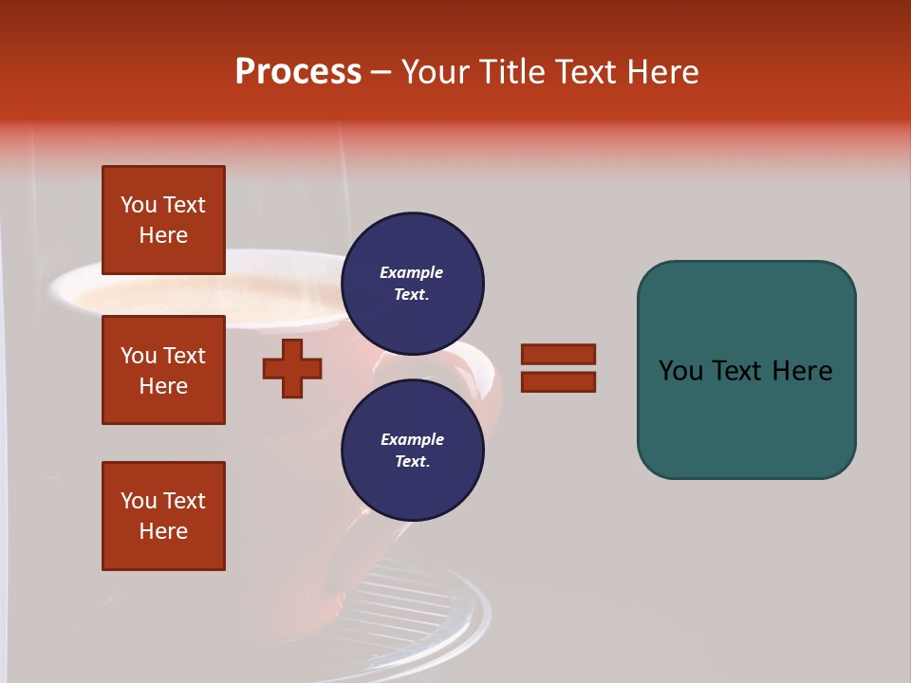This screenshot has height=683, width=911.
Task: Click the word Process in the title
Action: pos(298,72)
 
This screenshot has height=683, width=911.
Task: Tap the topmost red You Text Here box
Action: pos(163,220)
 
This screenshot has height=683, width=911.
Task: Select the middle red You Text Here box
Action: pos(163,370)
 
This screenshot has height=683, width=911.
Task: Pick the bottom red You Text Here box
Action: pos(163,516)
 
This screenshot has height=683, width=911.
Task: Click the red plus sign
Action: pos(292,368)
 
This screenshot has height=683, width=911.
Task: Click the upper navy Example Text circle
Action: pos(412,284)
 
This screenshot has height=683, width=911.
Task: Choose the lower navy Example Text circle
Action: pos(412,451)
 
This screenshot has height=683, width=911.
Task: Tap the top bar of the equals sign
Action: pos(558,354)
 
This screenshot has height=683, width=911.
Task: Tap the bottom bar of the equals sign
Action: pos(558,382)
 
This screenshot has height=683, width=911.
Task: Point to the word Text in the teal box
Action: pos(738,371)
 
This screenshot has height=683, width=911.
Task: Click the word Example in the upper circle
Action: pos(411,272)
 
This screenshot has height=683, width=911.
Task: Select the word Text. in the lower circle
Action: pos(412,462)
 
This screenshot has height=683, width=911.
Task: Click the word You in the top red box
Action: pos(139,205)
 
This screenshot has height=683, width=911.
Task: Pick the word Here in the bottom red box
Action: pos(163,531)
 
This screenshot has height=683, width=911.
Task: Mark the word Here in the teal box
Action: pos(803,371)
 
